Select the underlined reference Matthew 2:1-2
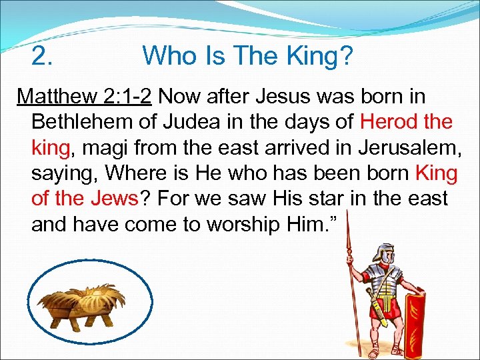tap(85, 97)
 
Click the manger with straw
tap(89, 307)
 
